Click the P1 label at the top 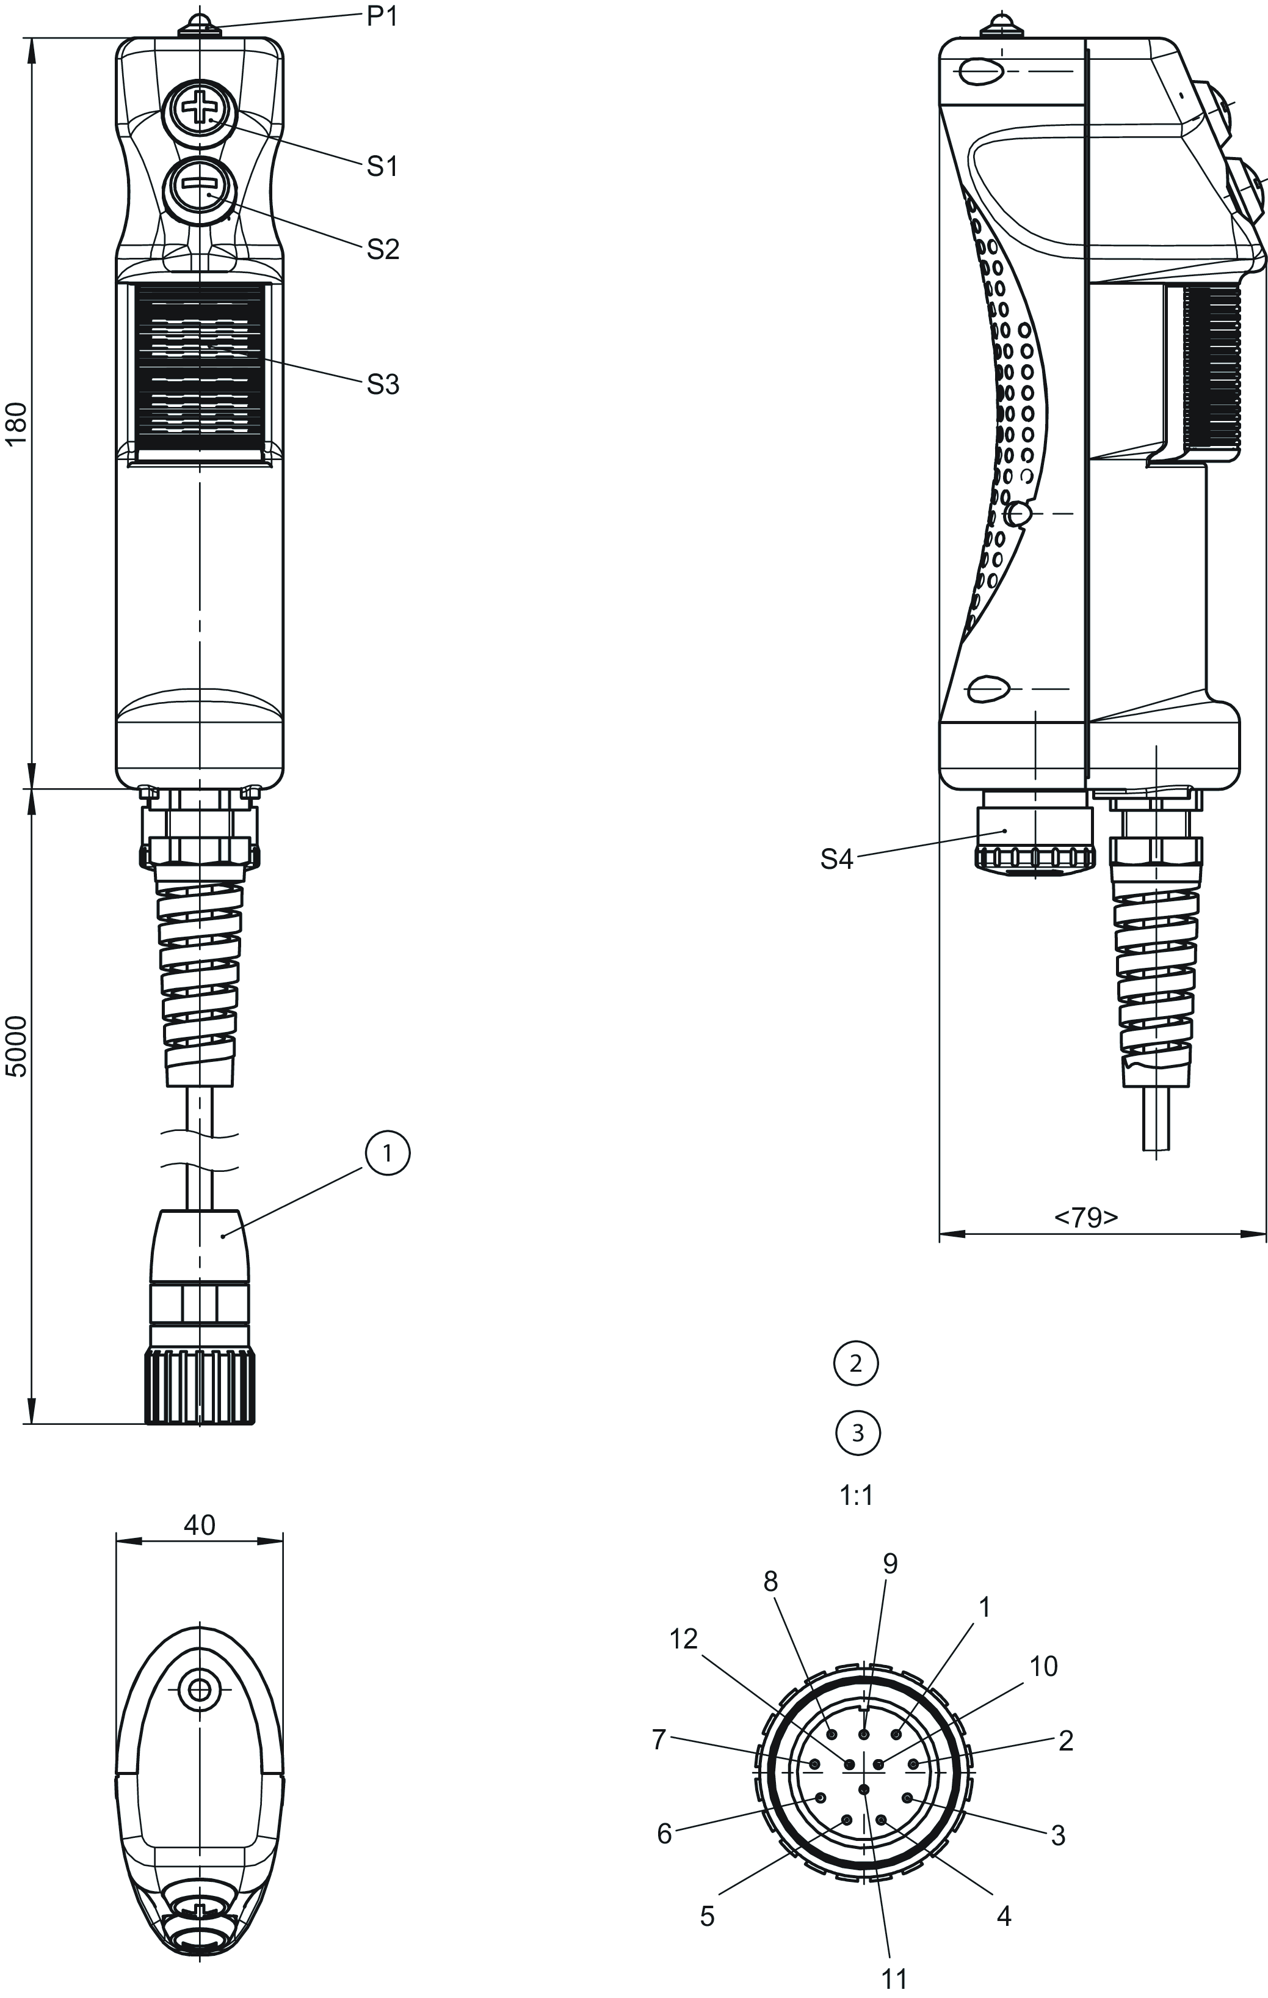coord(382,16)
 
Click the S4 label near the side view coord(837,860)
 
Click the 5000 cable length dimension coord(18,1045)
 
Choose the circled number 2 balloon coord(857,1363)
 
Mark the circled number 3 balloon coord(858,1432)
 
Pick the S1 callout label coord(382,166)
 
